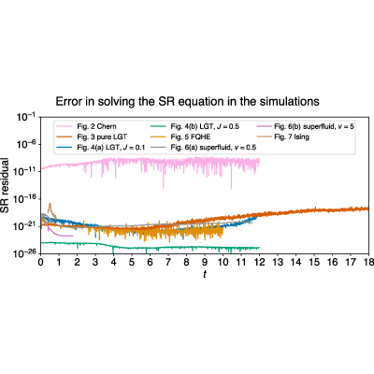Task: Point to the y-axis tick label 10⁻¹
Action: [x=25, y=118]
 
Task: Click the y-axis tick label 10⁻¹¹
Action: [x=25, y=172]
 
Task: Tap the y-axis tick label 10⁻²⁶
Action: [x=25, y=253]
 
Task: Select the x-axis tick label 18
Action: [x=368, y=262]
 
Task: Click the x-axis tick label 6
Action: [x=150, y=262]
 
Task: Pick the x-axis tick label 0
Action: [x=40, y=262]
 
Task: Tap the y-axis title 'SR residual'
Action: [x=5, y=186]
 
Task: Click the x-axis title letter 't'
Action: [x=205, y=274]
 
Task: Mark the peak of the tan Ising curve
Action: [x=50, y=203]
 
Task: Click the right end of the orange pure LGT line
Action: [x=368, y=209]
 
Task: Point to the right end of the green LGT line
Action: [x=259, y=248]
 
